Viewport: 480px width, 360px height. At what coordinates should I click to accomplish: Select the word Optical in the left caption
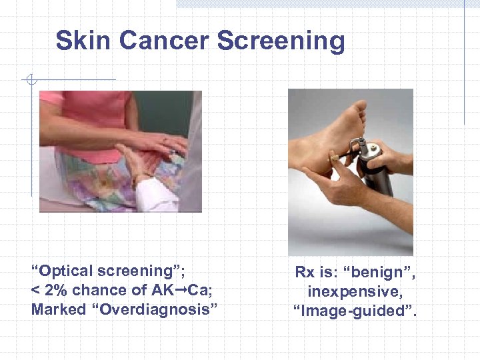pos(67,271)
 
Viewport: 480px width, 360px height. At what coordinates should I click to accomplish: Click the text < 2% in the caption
pos(49,291)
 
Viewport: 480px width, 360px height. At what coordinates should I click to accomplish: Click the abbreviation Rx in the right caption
pos(305,272)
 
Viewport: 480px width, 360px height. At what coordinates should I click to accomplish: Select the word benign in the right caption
pos(379,272)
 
